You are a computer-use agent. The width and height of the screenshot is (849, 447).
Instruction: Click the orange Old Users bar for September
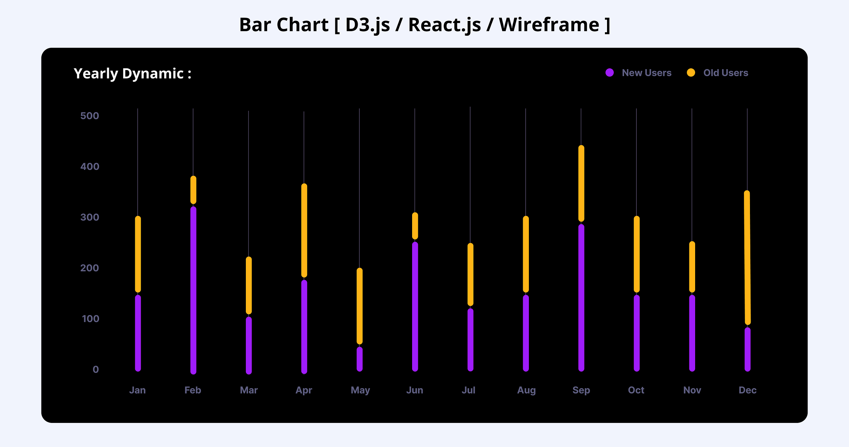pos(581,183)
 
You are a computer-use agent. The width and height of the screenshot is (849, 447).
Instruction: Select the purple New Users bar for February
pos(193,290)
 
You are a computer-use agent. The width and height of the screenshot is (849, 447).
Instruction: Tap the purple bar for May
pos(359,359)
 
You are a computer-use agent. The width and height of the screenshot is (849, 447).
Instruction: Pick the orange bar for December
pos(747,258)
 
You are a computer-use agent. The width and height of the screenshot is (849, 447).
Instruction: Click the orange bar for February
pos(193,190)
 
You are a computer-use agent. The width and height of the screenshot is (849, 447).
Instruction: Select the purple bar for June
pos(415,306)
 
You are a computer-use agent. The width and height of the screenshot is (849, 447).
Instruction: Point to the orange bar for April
pos(304,230)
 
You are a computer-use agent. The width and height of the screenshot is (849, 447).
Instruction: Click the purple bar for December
pos(747,349)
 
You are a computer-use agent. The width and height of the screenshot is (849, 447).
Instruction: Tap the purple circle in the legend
pos(610,73)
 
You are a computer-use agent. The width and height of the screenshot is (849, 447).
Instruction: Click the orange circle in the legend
pos(691,73)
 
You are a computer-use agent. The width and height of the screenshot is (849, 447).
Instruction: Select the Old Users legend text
pos(726,73)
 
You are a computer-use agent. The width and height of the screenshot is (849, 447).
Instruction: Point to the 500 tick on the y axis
pos(89,116)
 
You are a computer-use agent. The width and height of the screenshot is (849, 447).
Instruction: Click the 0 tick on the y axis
pos(96,369)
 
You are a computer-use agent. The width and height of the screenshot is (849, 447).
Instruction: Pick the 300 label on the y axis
pos(89,217)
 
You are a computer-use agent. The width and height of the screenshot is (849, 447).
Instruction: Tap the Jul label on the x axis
pos(468,390)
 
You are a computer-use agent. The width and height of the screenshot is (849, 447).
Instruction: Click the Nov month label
pos(692,390)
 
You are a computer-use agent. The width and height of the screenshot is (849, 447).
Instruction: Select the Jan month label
pos(137,390)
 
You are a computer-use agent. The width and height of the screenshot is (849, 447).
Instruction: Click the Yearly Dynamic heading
pos(132,74)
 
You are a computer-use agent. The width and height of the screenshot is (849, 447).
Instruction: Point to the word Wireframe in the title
pos(549,25)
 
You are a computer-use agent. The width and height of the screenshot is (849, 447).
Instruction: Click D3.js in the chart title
pos(367,25)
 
